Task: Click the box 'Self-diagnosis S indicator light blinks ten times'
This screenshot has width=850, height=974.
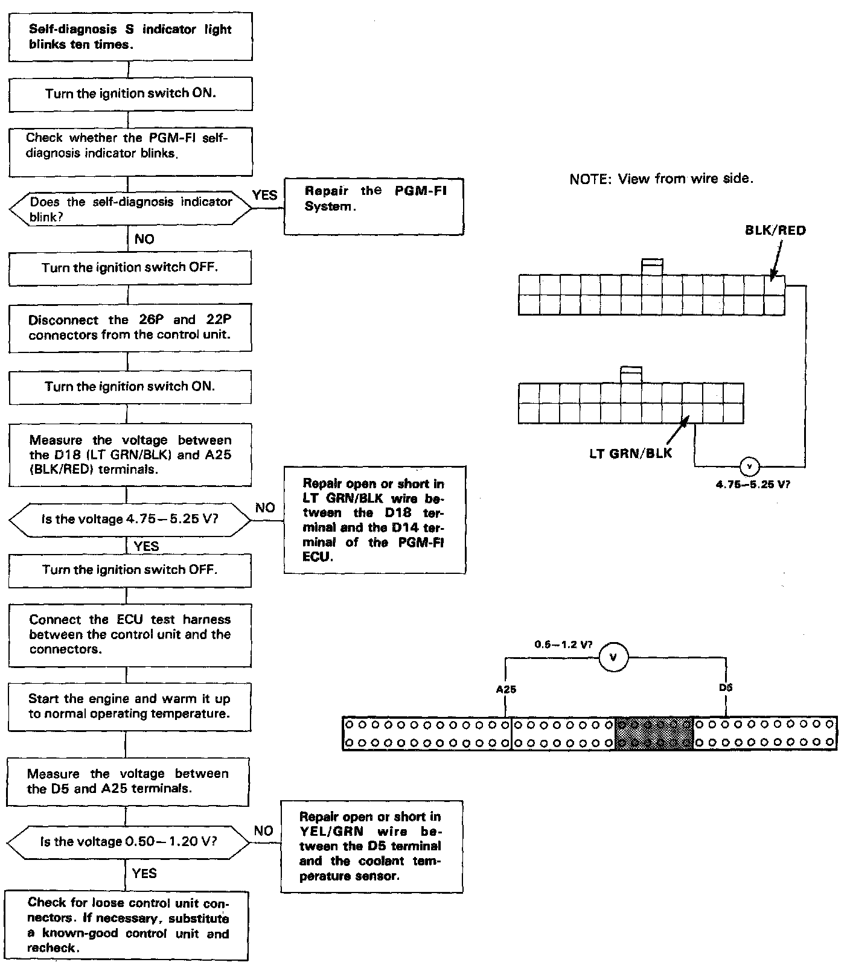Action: [x=130, y=37]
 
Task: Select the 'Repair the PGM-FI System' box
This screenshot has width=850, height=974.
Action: [x=374, y=206]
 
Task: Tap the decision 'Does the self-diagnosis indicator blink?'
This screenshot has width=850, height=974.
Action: [x=130, y=209]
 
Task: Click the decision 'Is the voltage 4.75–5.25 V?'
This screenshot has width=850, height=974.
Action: [x=130, y=519]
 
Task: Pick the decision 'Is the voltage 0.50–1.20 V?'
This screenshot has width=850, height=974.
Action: [x=129, y=841]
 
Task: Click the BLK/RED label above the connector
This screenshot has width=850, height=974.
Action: [x=775, y=231]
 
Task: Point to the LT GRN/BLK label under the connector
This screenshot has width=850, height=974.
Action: [x=630, y=453]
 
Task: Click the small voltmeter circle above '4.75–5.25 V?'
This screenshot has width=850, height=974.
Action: [x=749, y=466]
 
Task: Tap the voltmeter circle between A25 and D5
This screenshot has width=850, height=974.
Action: [x=613, y=657]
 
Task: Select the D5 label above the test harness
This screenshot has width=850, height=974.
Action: [x=726, y=687]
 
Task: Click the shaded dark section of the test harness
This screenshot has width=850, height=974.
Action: [x=654, y=733]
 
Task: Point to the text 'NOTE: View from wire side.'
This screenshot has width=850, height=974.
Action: [x=661, y=179]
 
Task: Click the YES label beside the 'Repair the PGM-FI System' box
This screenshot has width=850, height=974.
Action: [x=264, y=194]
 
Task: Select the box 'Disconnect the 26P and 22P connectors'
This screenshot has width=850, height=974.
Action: [x=130, y=327]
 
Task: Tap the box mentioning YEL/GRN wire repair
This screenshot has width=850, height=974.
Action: [x=371, y=846]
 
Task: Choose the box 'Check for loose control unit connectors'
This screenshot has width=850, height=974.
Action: [x=128, y=925]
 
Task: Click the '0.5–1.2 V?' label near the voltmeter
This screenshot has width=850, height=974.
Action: [x=563, y=645]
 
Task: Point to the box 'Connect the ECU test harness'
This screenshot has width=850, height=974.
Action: [x=130, y=635]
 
